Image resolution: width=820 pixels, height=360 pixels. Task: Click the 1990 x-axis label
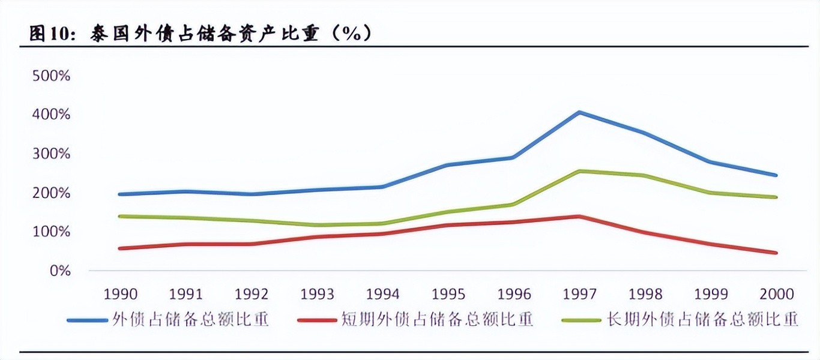121,294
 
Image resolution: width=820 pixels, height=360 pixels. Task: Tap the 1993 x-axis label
317,294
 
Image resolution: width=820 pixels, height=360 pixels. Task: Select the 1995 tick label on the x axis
448,294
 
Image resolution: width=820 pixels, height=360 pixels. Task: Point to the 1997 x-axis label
580,294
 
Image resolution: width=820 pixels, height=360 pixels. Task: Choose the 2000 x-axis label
777,294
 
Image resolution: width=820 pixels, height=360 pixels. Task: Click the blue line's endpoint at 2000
776,175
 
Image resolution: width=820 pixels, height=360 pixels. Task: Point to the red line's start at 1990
121,248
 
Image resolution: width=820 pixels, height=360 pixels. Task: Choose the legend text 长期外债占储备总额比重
702,319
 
